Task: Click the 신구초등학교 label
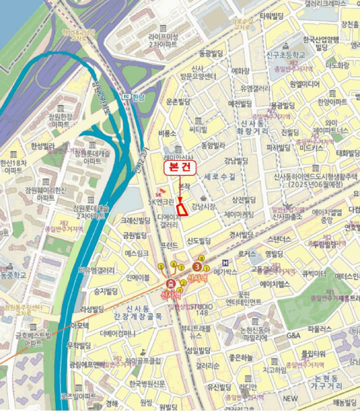285,54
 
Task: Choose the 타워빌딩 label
272,16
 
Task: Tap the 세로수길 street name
220,176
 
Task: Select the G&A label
294,335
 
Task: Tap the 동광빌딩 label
212,53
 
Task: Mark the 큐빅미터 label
314,274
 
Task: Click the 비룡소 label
167,133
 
